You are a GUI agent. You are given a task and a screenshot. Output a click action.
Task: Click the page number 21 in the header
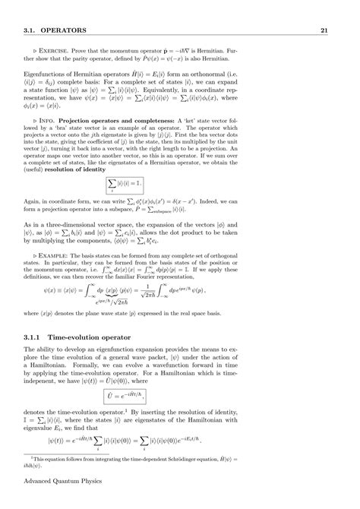click(324, 30)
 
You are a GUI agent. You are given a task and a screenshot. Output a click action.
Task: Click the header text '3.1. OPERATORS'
click(49, 30)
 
